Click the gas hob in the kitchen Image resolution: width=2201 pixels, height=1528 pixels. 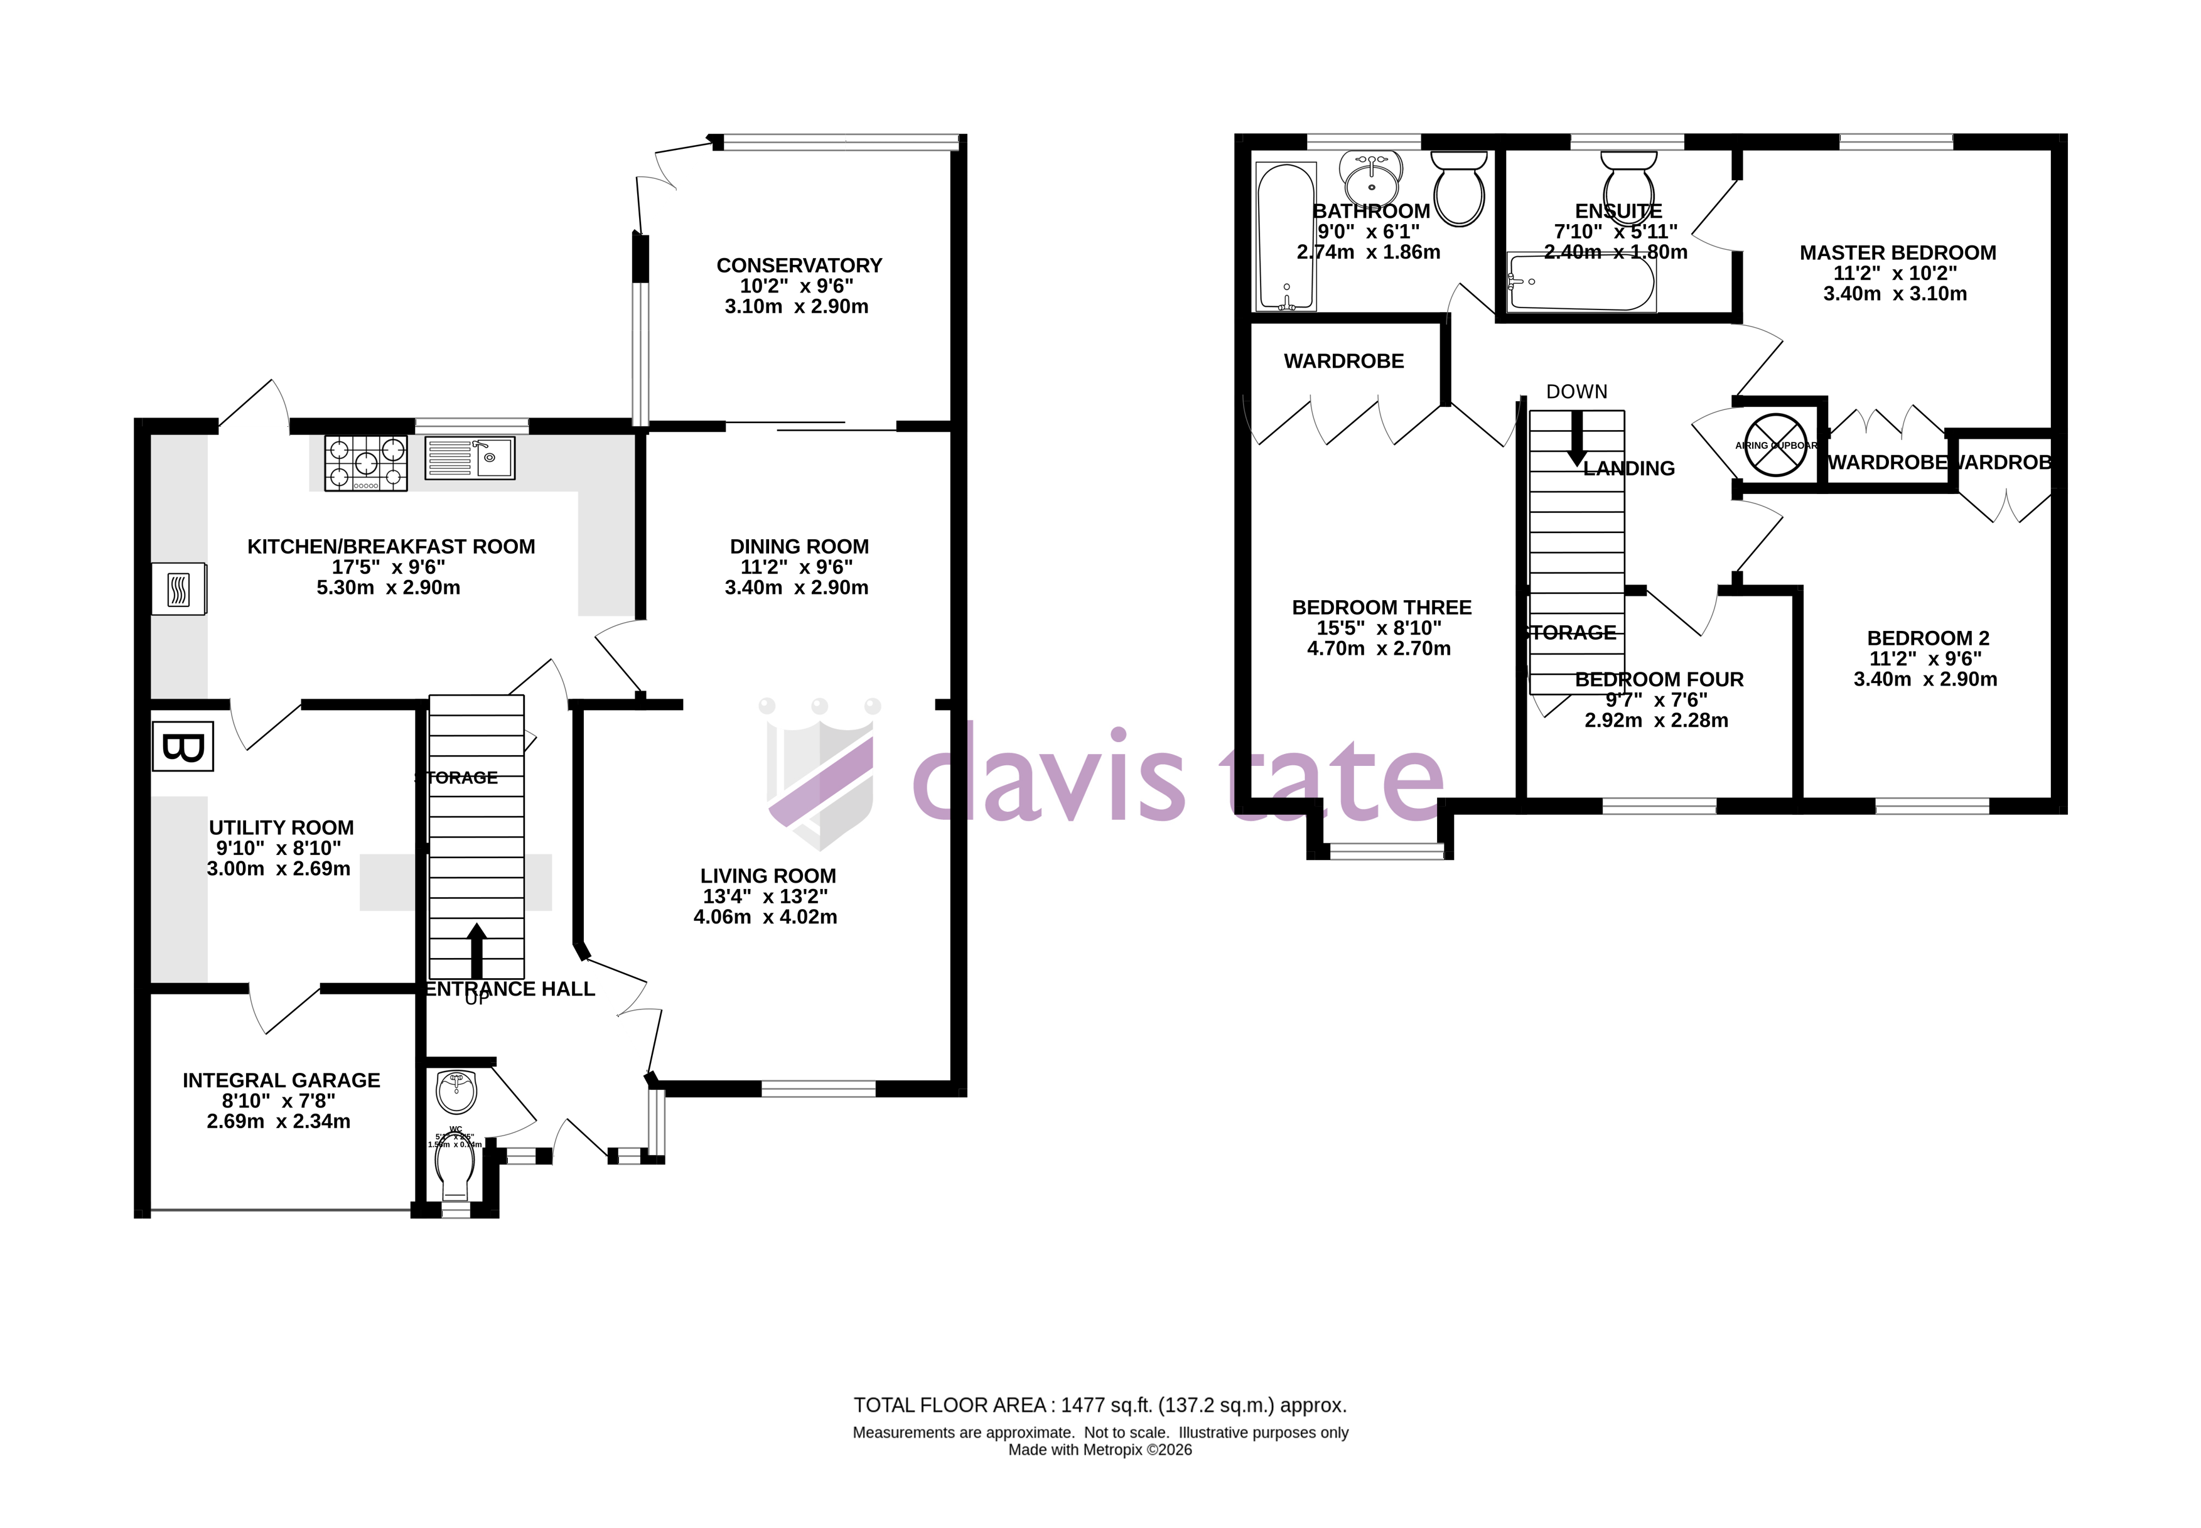point(366,463)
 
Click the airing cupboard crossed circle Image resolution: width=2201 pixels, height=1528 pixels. point(1775,445)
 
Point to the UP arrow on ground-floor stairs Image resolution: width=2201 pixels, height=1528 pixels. point(476,950)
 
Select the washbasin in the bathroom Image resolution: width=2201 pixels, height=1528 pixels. point(1371,177)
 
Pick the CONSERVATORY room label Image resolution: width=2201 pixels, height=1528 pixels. point(799,265)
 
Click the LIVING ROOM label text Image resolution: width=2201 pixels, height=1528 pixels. point(768,876)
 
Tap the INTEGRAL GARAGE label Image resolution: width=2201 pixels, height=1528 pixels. point(281,1080)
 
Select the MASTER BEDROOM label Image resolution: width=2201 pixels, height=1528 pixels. point(1898,253)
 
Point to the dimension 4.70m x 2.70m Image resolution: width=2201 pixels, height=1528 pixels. point(1379,648)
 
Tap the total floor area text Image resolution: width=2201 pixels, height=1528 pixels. point(1100,1406)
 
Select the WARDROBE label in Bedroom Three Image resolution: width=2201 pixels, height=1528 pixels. point(1343,361)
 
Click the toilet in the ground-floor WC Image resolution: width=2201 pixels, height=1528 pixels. point(455,1171)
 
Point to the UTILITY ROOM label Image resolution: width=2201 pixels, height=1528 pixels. point(281,827)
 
